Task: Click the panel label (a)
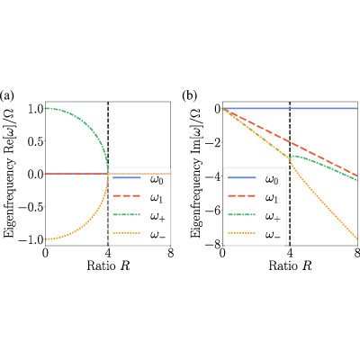(x=7, y=95)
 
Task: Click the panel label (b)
(x=190, y=95)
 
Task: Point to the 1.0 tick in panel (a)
(x=35, y=109)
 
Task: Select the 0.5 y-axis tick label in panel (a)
(x=35, y=141)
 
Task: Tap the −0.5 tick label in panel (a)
(x=31, y=207)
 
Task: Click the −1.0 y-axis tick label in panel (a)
(x=31, y=239)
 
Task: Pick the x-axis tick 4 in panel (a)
(x=108, y=253)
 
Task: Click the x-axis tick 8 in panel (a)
(x=171, y=253)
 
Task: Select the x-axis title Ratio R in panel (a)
(x=108, y=265)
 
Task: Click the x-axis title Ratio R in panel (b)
(x=290, y=265)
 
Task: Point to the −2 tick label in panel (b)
(x=213, y=142)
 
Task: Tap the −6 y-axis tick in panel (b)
(x=213, y=211)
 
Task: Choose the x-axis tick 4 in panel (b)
(x=290, y=253)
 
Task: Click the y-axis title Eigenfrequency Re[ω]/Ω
(x=10, y=174)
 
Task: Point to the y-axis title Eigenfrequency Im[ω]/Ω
(x=195, y=174)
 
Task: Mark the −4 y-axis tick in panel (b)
(x=213, y=176)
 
